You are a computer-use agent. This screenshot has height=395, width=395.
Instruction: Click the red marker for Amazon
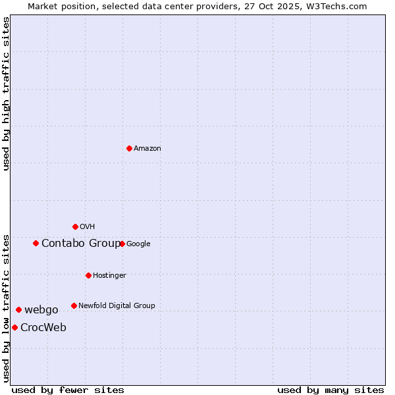pos(129,148)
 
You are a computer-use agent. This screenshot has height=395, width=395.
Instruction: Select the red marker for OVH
pos(75,226)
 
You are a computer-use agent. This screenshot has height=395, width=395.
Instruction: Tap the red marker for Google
pos(122,244)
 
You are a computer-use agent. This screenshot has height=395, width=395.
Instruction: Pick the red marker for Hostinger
pos(88,275)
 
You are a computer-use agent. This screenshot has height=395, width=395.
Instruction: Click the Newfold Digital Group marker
pos(74,305)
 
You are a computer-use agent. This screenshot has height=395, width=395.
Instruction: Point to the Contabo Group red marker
pos(36,243)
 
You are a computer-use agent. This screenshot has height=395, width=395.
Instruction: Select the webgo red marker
pos(18,309)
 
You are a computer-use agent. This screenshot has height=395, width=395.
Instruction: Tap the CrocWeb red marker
pos(14,327)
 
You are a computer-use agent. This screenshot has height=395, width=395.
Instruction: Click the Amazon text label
pos(147,149)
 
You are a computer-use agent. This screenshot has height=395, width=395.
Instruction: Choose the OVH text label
pos(88,227)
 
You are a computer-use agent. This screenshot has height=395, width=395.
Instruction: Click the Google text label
pos(138,244)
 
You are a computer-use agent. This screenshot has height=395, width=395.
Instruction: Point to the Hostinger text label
pos(109,275)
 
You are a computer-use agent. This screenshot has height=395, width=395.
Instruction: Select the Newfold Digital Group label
pos(117,305)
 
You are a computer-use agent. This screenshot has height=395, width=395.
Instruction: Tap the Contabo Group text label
pos(80,244)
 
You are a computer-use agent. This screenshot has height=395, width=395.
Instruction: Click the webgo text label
pos(41,310)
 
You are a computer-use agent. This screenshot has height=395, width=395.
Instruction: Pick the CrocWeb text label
pos(43,328)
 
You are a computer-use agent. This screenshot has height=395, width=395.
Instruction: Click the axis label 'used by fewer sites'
pos(68,390)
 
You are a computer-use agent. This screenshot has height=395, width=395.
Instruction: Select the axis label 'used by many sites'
pos(330,390)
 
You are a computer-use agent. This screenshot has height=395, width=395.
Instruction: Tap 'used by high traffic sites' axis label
pos(7,93)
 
